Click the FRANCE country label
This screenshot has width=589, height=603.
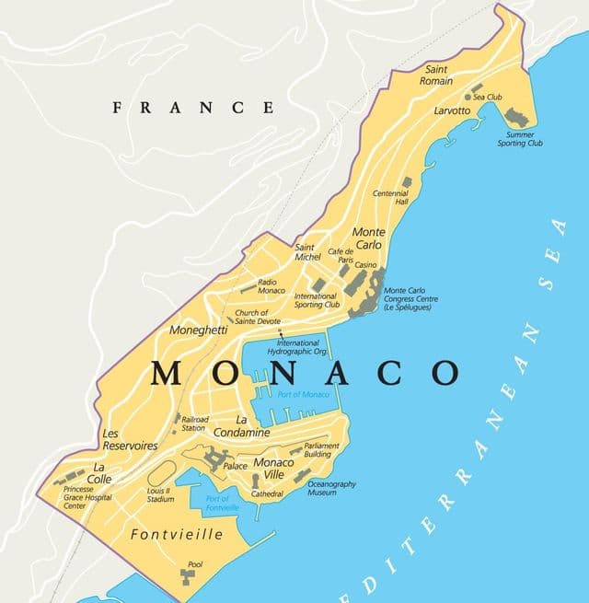coord(192,108)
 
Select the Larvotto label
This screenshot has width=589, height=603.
coord(452,110)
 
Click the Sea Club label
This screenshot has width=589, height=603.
coord(487,96)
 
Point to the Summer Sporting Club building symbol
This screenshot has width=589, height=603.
coord(516,118)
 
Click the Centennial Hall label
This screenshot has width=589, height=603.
coord(390,198)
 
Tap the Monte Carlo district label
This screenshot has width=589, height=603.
coord(369,238)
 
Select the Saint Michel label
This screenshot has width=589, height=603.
coord(307,251)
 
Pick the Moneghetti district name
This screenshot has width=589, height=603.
coord(200,329)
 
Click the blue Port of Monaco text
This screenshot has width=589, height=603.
coord(303,394)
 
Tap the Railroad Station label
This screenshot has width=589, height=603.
coord(193,423)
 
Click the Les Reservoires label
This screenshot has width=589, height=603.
coord(129,439)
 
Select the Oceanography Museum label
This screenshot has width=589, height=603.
coord(331,488)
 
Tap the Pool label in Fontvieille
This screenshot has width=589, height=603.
coord(194,564)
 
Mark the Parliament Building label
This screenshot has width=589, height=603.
coord(321,450)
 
